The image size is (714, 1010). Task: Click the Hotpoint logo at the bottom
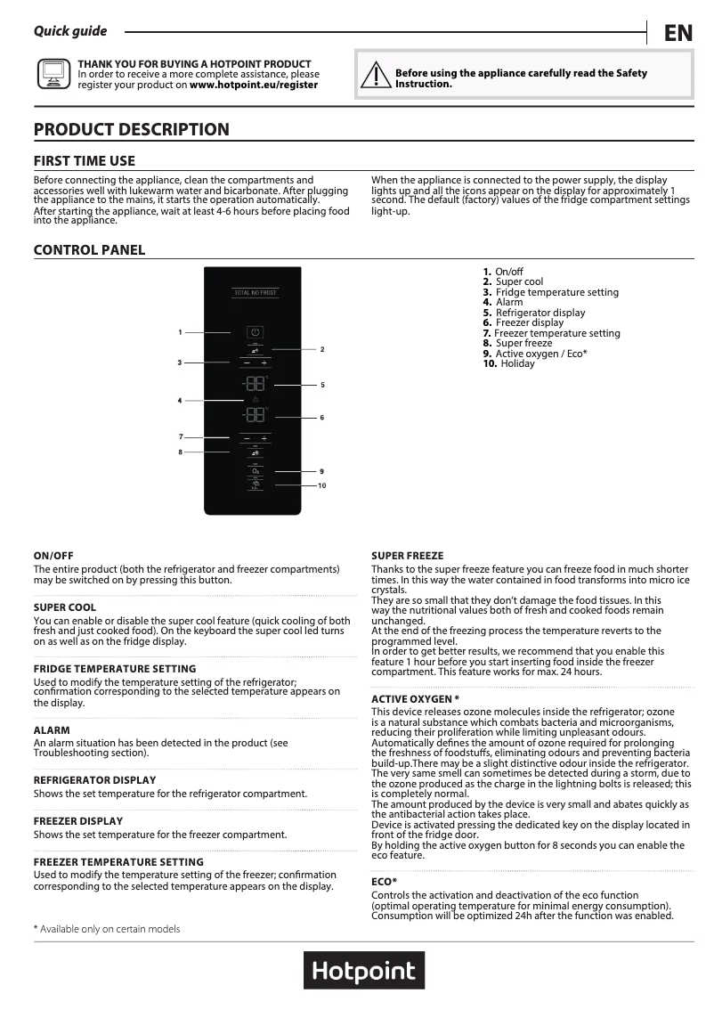(x=363, y=970)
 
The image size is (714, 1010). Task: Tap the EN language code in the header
(x=677, y=34)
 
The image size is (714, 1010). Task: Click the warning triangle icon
(x=377, y=76)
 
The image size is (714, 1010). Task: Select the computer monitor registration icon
(x=53, y=74)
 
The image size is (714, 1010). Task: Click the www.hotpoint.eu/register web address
(x=254, y=86)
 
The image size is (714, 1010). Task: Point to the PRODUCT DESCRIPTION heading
(x=131, y=130)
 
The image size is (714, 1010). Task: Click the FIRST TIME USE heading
(x=85, y=161)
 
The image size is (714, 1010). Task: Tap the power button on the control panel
(x=255, y=332)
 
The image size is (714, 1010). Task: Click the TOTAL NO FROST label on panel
(x=254, y=292)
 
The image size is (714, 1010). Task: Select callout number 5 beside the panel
(x=322, y=385)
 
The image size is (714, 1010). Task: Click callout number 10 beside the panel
(x=322, y=485)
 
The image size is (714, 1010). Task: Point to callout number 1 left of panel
(x=180, y=332)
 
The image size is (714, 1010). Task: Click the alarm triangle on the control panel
(x=255, y=402)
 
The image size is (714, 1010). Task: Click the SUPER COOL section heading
(x=65, y=607)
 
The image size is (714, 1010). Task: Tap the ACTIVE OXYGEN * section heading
(x=415, y=699)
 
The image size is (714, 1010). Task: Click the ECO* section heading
(x=384, y=881)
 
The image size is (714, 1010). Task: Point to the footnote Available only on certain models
(x=107, y=929)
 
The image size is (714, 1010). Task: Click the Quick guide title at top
(x=70, y=31)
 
